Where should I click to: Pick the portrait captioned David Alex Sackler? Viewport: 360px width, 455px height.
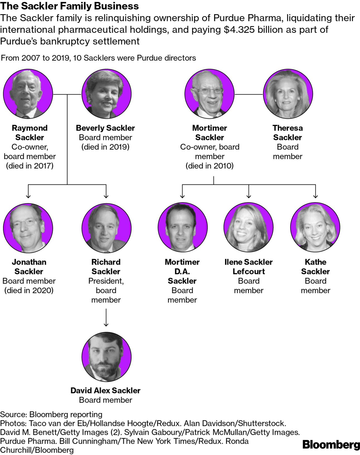click(x=106, y=356)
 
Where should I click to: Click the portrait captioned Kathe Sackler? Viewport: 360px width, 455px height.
click(x=315, y=227)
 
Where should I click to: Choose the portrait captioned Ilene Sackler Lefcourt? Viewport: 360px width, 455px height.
click(x=248, y=227)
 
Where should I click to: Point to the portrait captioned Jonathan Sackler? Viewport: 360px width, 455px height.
click(x=28, y=227)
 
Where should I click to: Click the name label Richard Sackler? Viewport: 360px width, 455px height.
click(x=106, y=267)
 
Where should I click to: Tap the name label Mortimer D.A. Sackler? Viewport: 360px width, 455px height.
click(x=182, y=271)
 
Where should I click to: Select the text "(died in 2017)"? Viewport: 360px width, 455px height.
click(x=30, y=166)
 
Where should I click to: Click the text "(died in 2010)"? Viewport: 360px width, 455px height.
click(x=209, y=166)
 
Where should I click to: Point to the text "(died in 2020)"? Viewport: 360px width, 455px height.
click(x=29, y=290)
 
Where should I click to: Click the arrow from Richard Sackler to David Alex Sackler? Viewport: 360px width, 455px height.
click(x=106, y=317)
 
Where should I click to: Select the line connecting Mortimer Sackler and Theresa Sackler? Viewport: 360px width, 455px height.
click(x=249, y=94)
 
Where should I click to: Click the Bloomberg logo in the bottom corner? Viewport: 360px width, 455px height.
click(x=331, y=444)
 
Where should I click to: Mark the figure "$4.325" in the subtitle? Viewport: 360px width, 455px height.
click(x=239, y=30)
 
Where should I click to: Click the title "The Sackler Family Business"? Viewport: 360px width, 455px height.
click(x=69, y=6)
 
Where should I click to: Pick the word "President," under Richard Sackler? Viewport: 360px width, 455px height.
click(x=106, y=281)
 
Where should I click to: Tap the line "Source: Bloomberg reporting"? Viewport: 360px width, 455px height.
click(x=51, y=414)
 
